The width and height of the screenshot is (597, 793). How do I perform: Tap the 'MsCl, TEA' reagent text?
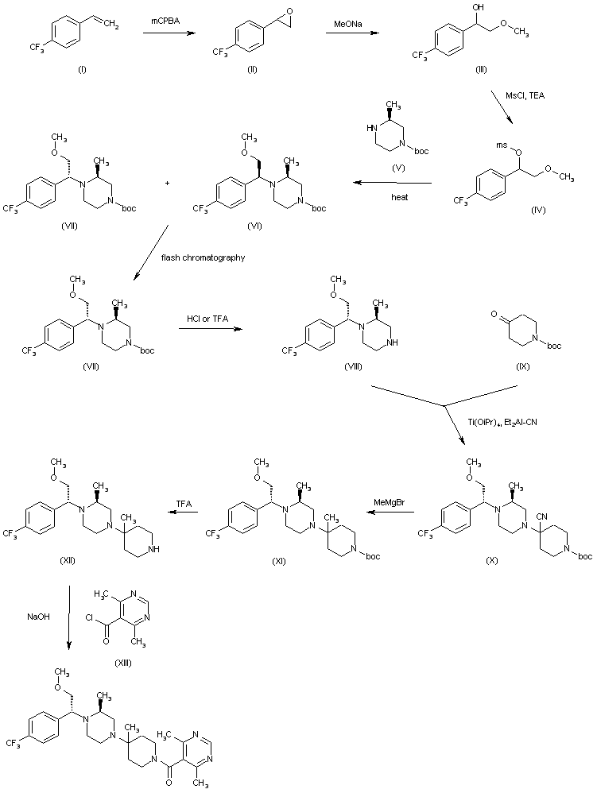tap(521, 95)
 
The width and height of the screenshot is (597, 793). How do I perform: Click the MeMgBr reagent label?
tap(392, 501)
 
